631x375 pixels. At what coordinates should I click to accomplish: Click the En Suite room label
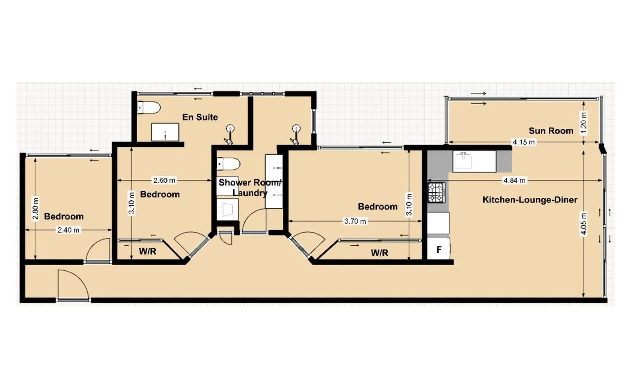[x=200, y=117]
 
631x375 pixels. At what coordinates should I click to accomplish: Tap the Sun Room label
[x=551, y=131]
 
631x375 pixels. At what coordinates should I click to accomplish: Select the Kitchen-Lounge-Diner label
[x=530, y=200]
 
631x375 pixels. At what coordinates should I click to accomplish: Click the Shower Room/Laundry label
[x=250, y=187]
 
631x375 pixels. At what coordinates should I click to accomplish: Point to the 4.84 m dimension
[x=514, y=181]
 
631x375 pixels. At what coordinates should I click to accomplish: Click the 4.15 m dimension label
[x=523, y=142]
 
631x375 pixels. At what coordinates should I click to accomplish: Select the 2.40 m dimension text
[x=68, y=230]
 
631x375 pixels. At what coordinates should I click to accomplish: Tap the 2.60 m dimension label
[x=164, y=181]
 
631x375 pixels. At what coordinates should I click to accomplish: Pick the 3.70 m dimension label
[x=355, y=221]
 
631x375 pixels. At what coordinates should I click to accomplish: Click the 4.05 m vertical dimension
[x=583, y=224]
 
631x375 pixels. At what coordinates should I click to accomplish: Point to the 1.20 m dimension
[x=583, y=123]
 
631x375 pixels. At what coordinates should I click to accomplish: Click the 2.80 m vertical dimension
[x=35, y=208]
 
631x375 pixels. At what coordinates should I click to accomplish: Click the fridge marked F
[x=439, y=250]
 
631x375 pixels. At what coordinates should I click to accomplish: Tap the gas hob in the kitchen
[x=437, y=192]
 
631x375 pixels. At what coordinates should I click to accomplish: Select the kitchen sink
[x=463, y=161]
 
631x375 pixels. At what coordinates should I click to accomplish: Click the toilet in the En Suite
[x=149, y=108]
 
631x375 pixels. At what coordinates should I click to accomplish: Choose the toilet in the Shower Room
[x=229, y=164]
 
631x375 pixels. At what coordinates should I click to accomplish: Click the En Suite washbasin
[x=165, y=132]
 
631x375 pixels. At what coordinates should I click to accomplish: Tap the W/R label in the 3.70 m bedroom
[x=379, y=253]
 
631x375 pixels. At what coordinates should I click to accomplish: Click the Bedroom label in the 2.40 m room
[x=64, y=216]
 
